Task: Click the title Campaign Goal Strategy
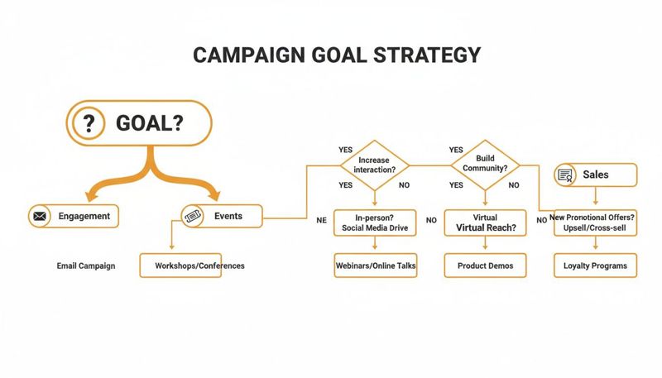point(336,55)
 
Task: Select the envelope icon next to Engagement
point(40,217)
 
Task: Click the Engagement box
point(74,217)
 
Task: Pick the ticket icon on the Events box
point(193,217)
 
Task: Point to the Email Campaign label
point(86,266)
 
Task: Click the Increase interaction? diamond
point(374,164)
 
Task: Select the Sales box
point(595,175)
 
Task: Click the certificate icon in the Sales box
point(566,175)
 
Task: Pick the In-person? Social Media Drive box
point(375,222)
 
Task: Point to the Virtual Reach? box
point(486,222)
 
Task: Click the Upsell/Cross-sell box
point(595,222)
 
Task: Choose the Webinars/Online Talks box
point(375,266)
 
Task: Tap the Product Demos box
point(485,266)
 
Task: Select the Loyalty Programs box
point(595,266)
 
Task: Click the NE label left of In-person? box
point(322,221)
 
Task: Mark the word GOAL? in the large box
point(150,124)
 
